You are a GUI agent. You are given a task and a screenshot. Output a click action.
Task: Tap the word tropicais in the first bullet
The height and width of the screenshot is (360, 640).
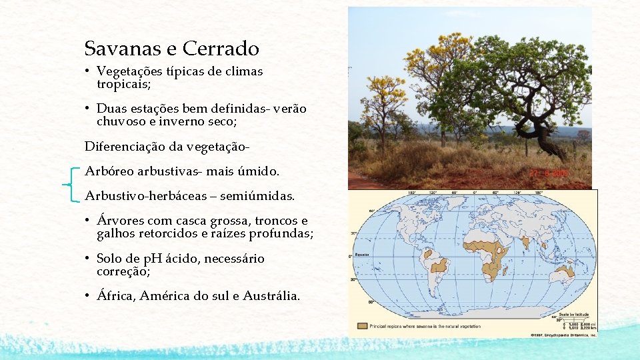[123, 85]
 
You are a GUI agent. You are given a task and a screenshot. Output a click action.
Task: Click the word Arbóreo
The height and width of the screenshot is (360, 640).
[109, 171]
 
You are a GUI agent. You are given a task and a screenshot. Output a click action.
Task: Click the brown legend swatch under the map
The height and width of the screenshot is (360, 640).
[362, 326]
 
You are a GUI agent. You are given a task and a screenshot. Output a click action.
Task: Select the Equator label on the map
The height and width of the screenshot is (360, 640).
[361, 255]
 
